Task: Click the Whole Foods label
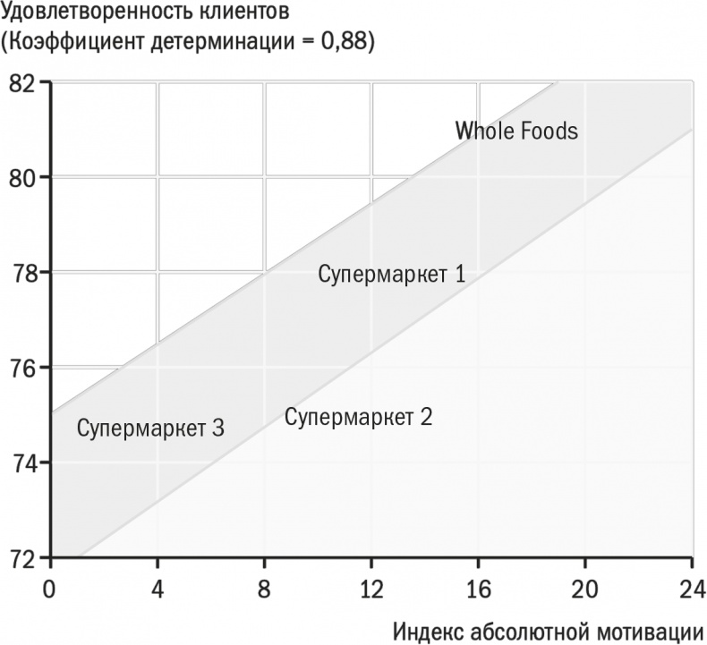516,132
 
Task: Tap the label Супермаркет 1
392,274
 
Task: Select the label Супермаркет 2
358,417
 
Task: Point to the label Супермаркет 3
150,428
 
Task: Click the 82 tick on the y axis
22,83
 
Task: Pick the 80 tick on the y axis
22,178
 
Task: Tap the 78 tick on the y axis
22,273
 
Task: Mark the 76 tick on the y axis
22,368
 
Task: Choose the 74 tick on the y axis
22,463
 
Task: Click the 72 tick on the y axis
22,558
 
